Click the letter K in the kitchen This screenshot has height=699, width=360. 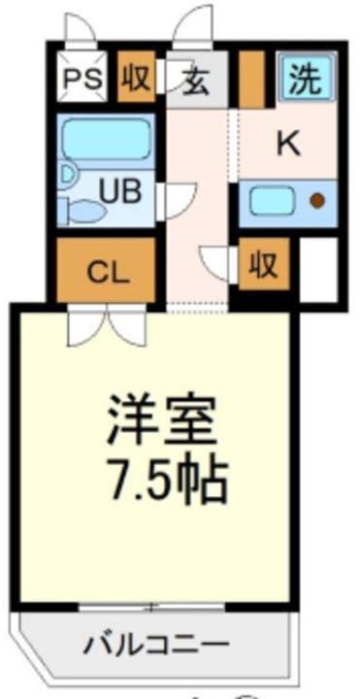click(x=287, y=144)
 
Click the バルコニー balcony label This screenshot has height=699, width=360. click(x=153, y=645)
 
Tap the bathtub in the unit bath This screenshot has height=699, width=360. click(x=103, y=141)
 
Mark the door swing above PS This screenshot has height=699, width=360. click(x=78, y=30)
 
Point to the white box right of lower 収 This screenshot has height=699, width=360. click(x=317, y=266)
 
